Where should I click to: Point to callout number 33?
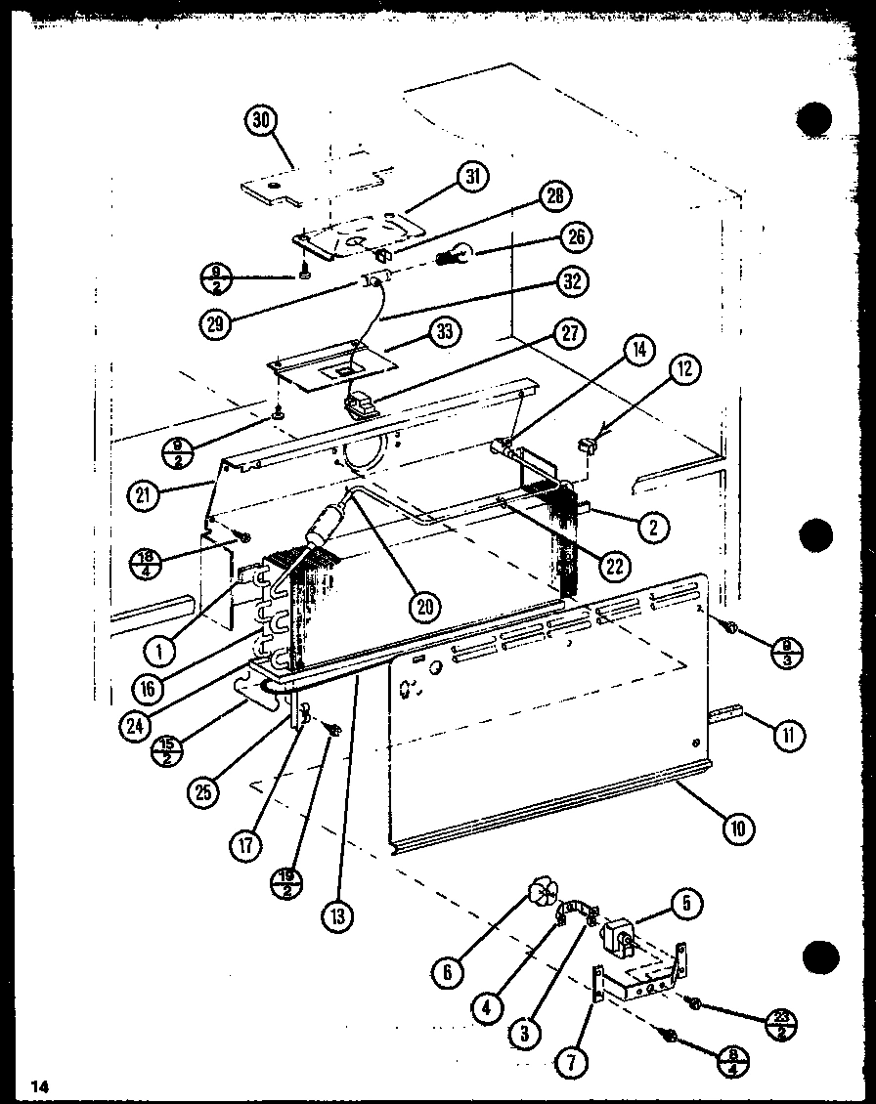click(444, 331)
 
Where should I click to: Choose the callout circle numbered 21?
click(145, 494)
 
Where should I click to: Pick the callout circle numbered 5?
click(687, 905)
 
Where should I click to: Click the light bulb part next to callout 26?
click(453, 259)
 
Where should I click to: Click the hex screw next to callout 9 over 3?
click(727, 626)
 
